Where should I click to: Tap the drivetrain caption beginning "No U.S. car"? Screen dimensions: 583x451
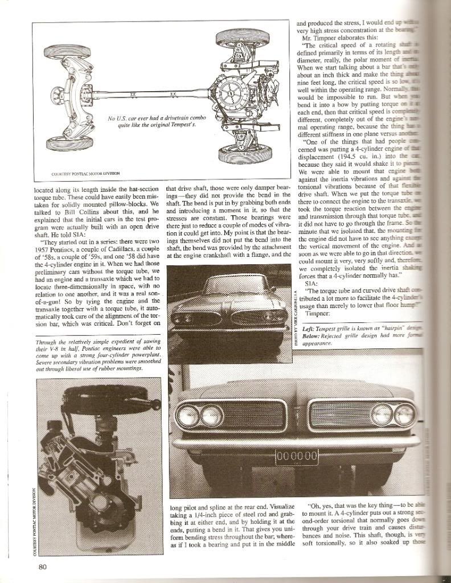152,121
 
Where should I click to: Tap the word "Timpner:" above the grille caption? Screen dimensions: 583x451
318,313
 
